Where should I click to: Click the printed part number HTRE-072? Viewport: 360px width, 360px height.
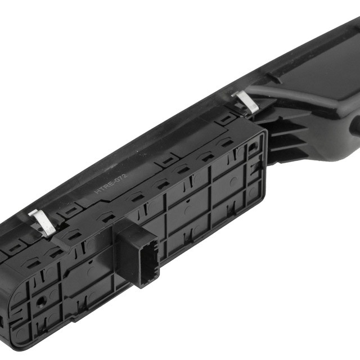[x=111, y=183]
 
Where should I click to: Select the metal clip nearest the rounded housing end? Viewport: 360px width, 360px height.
[x=43, y=222]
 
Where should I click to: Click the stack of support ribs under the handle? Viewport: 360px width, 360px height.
[x=287, y=140]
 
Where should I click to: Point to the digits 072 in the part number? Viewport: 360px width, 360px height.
[x=121, y=178]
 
